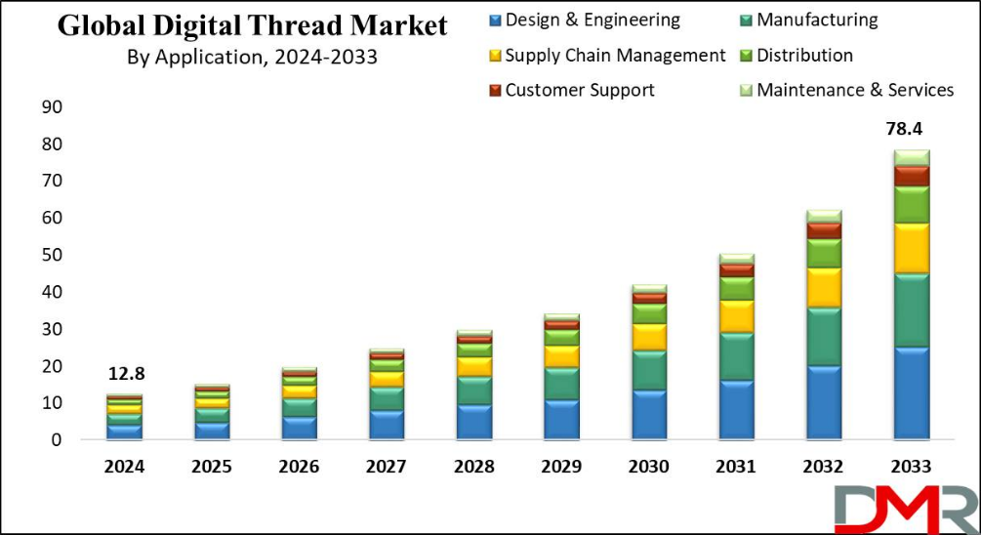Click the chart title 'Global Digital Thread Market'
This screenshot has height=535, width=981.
[252, 25]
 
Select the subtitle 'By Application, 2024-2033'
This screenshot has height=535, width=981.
[252, 58]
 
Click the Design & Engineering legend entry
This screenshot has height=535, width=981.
[583, 21]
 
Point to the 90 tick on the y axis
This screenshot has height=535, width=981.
[52, 106]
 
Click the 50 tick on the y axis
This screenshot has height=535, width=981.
[52, 255]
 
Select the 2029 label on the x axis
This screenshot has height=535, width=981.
[562, 467]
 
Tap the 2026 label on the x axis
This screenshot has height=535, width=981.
[300, 467]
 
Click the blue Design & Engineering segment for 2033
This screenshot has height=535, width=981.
[912, 392]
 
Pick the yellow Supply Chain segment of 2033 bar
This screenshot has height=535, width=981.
[912, 248]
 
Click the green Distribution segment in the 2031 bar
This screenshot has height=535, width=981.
[737, 288]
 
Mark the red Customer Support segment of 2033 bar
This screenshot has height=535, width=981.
[912, 176]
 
